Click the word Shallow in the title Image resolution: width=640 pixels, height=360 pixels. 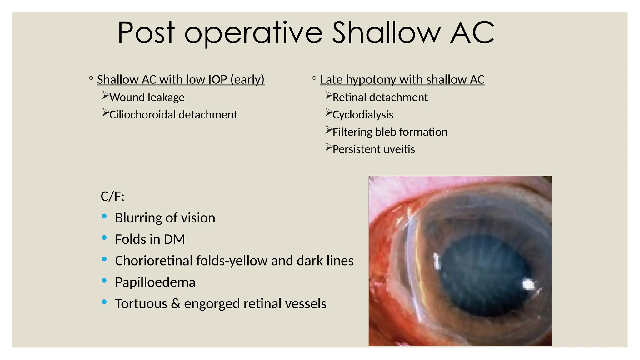(386, 33)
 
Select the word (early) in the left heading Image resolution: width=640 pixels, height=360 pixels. (247, 80)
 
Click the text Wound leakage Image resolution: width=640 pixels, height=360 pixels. (147, 97)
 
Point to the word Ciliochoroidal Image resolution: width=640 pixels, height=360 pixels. (142, 115)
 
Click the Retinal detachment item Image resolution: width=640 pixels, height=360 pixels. (380, 97)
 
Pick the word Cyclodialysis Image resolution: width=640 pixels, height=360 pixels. (363, 115)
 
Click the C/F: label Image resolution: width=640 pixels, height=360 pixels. (112, 197)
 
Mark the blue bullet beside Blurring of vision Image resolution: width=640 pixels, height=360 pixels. (104, 216)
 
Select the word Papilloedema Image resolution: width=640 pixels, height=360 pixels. (155, 282)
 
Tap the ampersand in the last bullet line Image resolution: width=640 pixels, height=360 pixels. (176, 304)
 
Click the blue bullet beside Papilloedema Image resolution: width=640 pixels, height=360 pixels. (104, 281)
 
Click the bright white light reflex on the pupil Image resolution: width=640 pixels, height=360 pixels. (528, 284)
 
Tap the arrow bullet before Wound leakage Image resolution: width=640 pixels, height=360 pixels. (106, 95)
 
